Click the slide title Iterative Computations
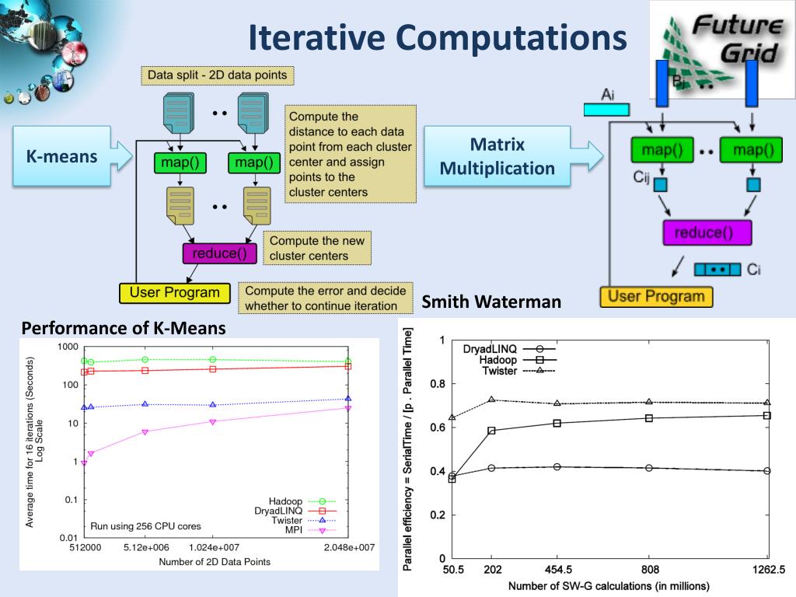[x=438, y=37]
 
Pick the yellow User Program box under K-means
[x=175, y=293]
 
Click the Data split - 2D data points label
[x=218, y=75]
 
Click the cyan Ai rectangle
[x=606, y=109]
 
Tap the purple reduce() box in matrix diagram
[x=707, y=232]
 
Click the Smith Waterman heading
[x=491, y=302]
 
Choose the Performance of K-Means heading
[x=124, y=328]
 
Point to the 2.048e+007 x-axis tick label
[x=348, y=547]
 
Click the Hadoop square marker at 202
[x=491, y=431]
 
